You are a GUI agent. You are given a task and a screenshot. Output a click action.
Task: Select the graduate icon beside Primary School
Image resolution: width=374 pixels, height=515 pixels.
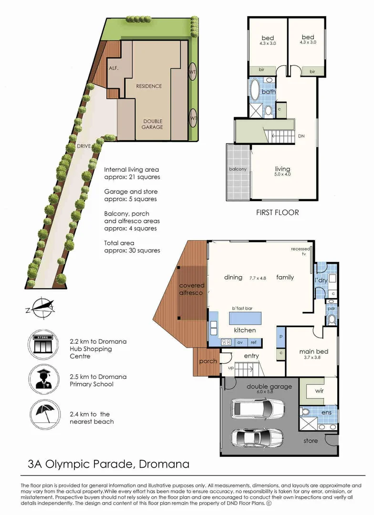point(44,380)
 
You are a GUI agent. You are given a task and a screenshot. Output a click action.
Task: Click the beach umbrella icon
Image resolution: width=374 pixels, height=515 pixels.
point(45,414)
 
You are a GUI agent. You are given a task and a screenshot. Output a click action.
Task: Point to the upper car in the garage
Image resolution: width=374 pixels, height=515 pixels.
point(257,408)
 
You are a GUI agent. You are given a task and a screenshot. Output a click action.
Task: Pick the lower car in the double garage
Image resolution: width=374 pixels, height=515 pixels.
point(257,437)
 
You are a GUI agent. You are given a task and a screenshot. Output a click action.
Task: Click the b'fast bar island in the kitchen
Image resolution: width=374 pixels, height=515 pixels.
point(245,318)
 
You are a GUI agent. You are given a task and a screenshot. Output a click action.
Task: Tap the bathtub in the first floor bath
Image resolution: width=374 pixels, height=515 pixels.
point(255,89)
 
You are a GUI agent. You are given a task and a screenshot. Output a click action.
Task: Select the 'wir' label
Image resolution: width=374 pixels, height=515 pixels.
point(319,391)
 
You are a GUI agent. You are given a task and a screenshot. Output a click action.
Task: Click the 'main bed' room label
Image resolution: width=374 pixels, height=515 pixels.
point(313,351)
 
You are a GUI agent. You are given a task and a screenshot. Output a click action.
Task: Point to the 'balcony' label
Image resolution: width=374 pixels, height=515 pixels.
point(238,169)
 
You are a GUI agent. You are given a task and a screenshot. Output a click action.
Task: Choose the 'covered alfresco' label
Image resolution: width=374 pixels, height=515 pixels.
point(192,289)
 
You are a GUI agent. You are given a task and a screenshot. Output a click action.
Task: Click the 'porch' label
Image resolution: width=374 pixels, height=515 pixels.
point(208,361)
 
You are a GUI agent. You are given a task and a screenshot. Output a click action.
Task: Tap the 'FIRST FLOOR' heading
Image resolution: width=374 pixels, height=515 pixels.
point(277,213)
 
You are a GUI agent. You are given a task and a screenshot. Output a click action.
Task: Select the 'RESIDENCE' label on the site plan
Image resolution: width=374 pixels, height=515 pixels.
point(149,86)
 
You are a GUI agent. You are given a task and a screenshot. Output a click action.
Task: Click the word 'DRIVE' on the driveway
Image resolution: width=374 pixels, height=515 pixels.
point(84,146)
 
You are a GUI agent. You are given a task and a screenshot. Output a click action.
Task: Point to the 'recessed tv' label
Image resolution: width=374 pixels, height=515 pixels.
point(301,251)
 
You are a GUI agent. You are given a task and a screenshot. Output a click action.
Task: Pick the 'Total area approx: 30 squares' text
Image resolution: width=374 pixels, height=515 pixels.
point(132,247)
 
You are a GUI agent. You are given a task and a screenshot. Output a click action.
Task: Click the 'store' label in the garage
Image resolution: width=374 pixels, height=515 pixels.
point(311,441)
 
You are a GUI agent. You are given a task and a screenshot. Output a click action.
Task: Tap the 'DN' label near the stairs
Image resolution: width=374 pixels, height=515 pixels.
point(301,135)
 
